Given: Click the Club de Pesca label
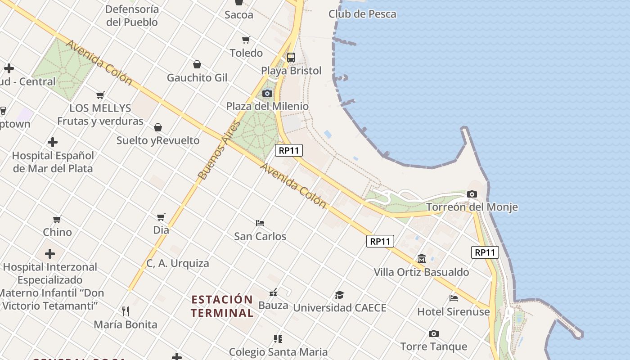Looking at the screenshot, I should (x=362, y=14).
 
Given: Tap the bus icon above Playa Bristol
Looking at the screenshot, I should (x=291, y=57).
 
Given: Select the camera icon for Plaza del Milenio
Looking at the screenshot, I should (x=267, y=93).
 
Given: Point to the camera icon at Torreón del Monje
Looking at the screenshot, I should (x=472, y=194).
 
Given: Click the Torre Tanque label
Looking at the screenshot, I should (x=433, y=346).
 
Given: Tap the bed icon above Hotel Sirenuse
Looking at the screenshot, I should (x=454, y=298).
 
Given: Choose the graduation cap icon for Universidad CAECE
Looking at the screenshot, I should (x=339, y=295).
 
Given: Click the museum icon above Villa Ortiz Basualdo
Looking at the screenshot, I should (x=422, y=259).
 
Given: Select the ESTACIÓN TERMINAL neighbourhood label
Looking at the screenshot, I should (x=222, y=306).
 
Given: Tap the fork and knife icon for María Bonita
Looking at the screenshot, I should (x=126, y=311).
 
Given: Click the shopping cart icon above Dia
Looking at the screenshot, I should (x=161, y=217).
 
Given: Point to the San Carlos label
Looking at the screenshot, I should (x=260, y=236).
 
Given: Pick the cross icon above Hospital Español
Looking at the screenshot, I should (x=53, y=142).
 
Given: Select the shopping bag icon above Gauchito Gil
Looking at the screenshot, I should (x=197, y=64).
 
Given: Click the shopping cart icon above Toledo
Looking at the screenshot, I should (x=246, y=40).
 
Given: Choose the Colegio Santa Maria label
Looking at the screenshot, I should (x=278, y=352).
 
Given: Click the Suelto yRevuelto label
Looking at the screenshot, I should (x=158, y=140).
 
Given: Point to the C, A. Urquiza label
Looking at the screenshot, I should (x=178, y=263).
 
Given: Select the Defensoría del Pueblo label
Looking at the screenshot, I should (x=132, y=15).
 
